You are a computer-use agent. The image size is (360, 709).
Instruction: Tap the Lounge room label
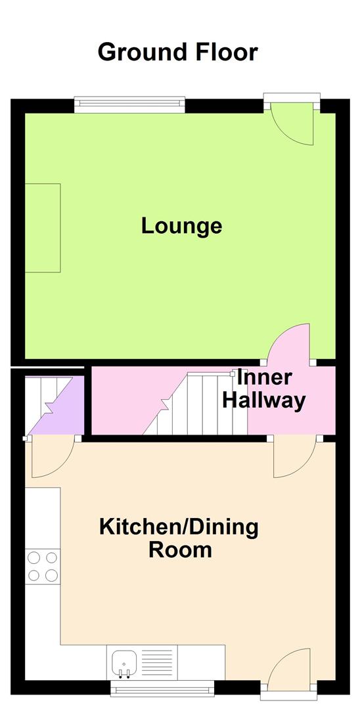click(x=181, y=226)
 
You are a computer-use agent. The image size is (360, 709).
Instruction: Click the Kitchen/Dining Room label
click(x=179, y=538)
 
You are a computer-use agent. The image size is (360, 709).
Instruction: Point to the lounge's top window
click(x=129, y=104)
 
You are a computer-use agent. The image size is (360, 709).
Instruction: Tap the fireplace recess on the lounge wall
click(x=43, y=228)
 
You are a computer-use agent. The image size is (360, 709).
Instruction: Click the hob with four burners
click(x=43, y=567)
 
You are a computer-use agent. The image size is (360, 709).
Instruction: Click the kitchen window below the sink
click(x=162, y=688)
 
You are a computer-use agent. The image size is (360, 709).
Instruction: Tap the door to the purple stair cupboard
click(x=50, y=458)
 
